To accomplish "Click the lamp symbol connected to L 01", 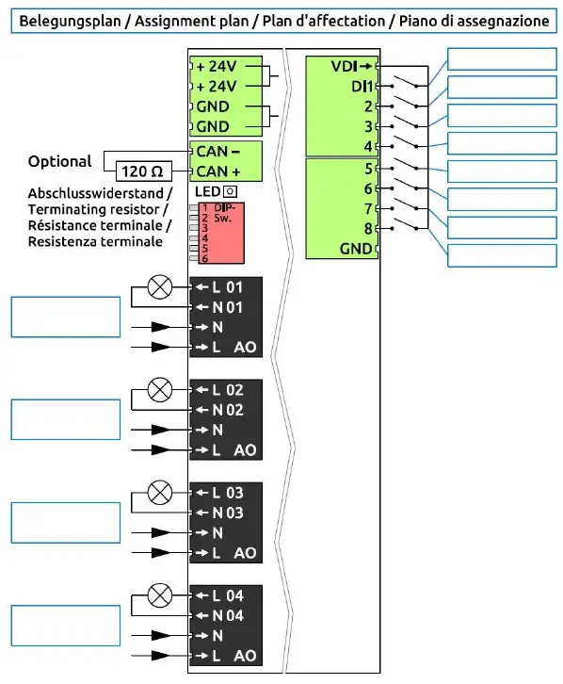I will (161, 285).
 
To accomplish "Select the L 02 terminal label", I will (227, 389).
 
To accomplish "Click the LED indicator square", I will (229, 192).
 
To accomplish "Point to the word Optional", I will (59, 161).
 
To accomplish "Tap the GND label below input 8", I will (356, 249).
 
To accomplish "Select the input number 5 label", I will (369, 169).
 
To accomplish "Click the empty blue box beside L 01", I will (65, 317).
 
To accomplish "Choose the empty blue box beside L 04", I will (65, 626).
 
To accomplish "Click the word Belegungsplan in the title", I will (66, 19).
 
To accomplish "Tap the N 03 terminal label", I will (227, 512).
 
